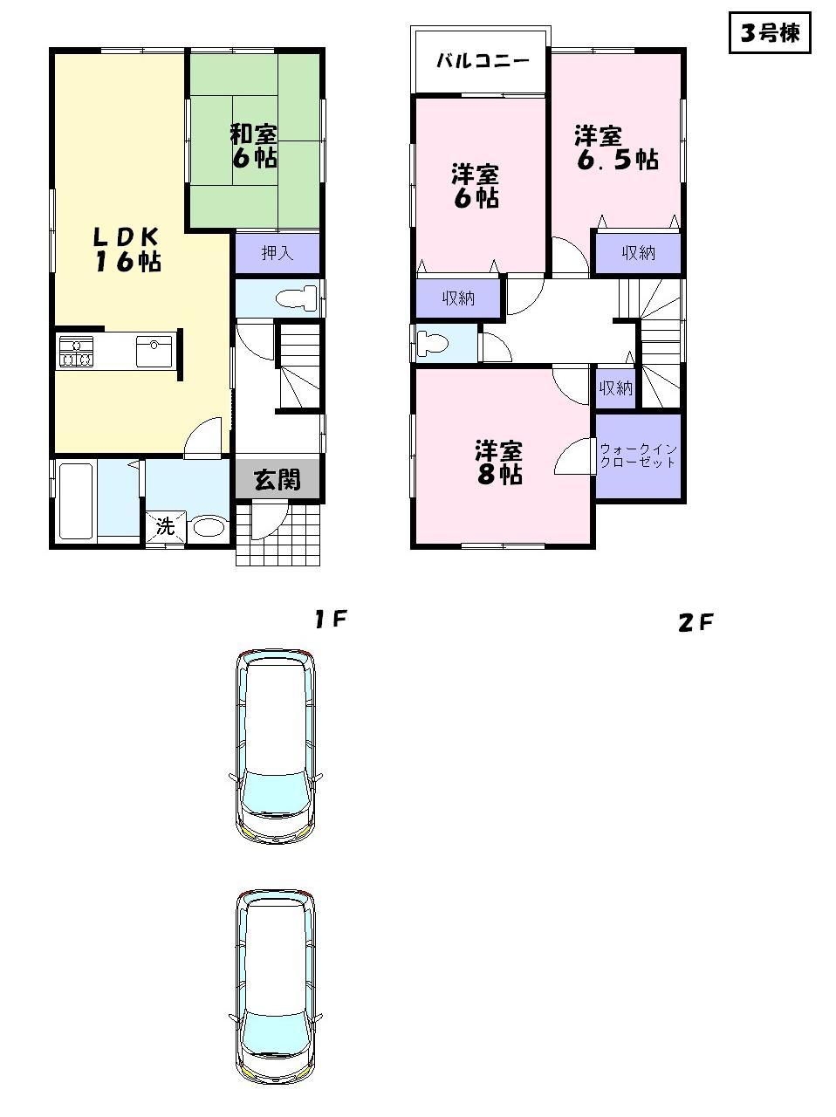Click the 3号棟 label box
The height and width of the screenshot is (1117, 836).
[770, 34]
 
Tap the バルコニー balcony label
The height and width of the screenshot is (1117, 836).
[482, 61]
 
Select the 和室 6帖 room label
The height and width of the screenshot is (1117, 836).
[254, 146]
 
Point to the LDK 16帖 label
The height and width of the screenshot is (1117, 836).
[127, 250]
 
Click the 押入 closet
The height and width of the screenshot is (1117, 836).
[278, 253]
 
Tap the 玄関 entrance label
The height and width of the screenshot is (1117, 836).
[278, 479]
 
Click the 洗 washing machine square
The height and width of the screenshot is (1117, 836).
[166, 526]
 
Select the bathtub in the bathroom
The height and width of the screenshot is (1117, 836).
[76, 501]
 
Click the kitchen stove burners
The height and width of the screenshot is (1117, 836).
[76, 351]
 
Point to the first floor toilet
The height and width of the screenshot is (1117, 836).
[295, 298]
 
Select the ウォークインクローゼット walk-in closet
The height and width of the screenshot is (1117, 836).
[638, 456]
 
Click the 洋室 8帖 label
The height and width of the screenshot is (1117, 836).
[498, 463]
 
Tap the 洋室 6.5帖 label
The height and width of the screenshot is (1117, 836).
[615, 148]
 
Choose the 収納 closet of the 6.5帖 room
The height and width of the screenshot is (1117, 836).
[638, 253]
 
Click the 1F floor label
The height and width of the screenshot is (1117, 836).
[332, 620]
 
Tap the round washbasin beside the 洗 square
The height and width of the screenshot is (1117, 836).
[209, 526]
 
